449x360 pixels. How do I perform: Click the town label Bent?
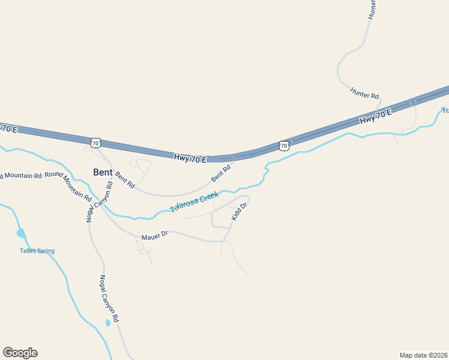click(103, 172)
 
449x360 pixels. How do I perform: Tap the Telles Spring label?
click(37, 251)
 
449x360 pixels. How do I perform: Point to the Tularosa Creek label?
click(193, 202)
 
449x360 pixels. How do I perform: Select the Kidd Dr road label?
click(240, 211)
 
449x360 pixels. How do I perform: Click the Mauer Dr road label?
click(153, 236)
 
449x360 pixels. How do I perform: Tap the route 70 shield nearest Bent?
click(95, 143)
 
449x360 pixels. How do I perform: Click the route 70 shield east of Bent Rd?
click(284, 146)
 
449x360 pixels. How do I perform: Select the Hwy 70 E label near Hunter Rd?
click(375, 116)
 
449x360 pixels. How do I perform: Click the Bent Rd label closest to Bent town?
click(125, 179)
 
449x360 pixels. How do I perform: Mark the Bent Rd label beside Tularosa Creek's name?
click(220, 174)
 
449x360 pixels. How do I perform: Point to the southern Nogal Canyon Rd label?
click(110, 299)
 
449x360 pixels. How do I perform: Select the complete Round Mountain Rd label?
click(68, 185)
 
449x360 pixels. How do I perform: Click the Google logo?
click(20, 353)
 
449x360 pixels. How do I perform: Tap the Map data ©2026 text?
click(424, 355)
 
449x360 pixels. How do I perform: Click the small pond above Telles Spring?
click(21, 233)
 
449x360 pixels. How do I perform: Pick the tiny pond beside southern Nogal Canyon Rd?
click(107, 323)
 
